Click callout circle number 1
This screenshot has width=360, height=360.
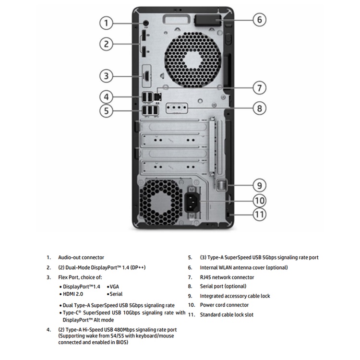[x=107, y=23]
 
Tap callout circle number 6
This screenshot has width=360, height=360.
[x=259, y=20]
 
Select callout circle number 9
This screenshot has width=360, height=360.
[x=259, y=185]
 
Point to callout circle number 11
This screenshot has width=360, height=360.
[x=259, y=214]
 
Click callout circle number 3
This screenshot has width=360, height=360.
[x=107, y=75]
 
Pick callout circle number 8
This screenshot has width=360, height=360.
[x=259, y=108]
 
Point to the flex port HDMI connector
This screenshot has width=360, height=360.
[x=145, y=76]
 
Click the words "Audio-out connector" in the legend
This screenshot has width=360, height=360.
[x=81, y=258]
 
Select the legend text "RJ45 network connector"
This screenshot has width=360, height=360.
[x=227, y=277]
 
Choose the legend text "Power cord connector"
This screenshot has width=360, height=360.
[x=224, y=305]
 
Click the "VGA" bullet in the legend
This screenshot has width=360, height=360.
[x=114, y=286]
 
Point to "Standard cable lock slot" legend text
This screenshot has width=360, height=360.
[x=227, y=315]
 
